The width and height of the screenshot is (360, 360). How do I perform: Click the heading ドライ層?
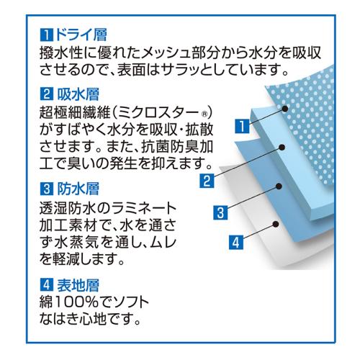(x=81, y=35)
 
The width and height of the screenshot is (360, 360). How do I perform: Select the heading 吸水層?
(x=78, y=94)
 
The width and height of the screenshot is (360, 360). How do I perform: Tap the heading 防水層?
(x=78, y=189)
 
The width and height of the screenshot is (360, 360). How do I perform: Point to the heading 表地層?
(x=78, y=285)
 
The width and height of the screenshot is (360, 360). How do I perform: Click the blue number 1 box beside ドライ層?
(x=47, y=35)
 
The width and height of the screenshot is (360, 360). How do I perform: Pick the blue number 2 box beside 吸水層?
(x=47, y=94)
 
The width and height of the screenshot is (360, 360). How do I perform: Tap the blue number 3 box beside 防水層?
(x=47, y=189)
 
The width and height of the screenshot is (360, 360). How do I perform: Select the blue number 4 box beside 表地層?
(x=47, y=285)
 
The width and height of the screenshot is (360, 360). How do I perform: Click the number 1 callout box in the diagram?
(x=242, y=126)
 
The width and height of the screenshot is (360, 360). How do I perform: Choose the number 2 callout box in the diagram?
(x=207, y=181)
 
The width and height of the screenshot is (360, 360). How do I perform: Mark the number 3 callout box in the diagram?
(x=220, y=212)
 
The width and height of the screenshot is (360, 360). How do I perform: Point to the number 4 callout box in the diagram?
(x=236, y=242)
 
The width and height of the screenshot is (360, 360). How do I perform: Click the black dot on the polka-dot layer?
(x=285, y=109)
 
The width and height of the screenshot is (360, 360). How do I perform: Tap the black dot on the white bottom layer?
(x=276, y=224)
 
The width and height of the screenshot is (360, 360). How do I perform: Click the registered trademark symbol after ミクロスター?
(x=204, y=114)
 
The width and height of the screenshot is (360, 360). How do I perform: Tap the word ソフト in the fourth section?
(x=129, y=302)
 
